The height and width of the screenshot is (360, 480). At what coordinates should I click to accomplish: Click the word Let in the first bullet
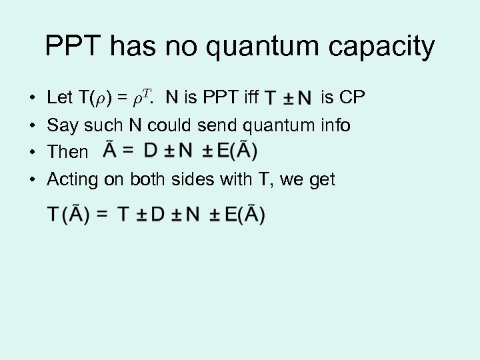pyautogui.click(x=59, y=97)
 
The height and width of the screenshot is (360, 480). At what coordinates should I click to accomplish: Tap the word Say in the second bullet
pyautogui.click(x=61, y=125)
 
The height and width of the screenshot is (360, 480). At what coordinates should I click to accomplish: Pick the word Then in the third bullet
pyautogui.click(x=67, y=152)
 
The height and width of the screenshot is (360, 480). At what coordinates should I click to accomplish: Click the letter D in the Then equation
pyautogui.click(x=151, y=151)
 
